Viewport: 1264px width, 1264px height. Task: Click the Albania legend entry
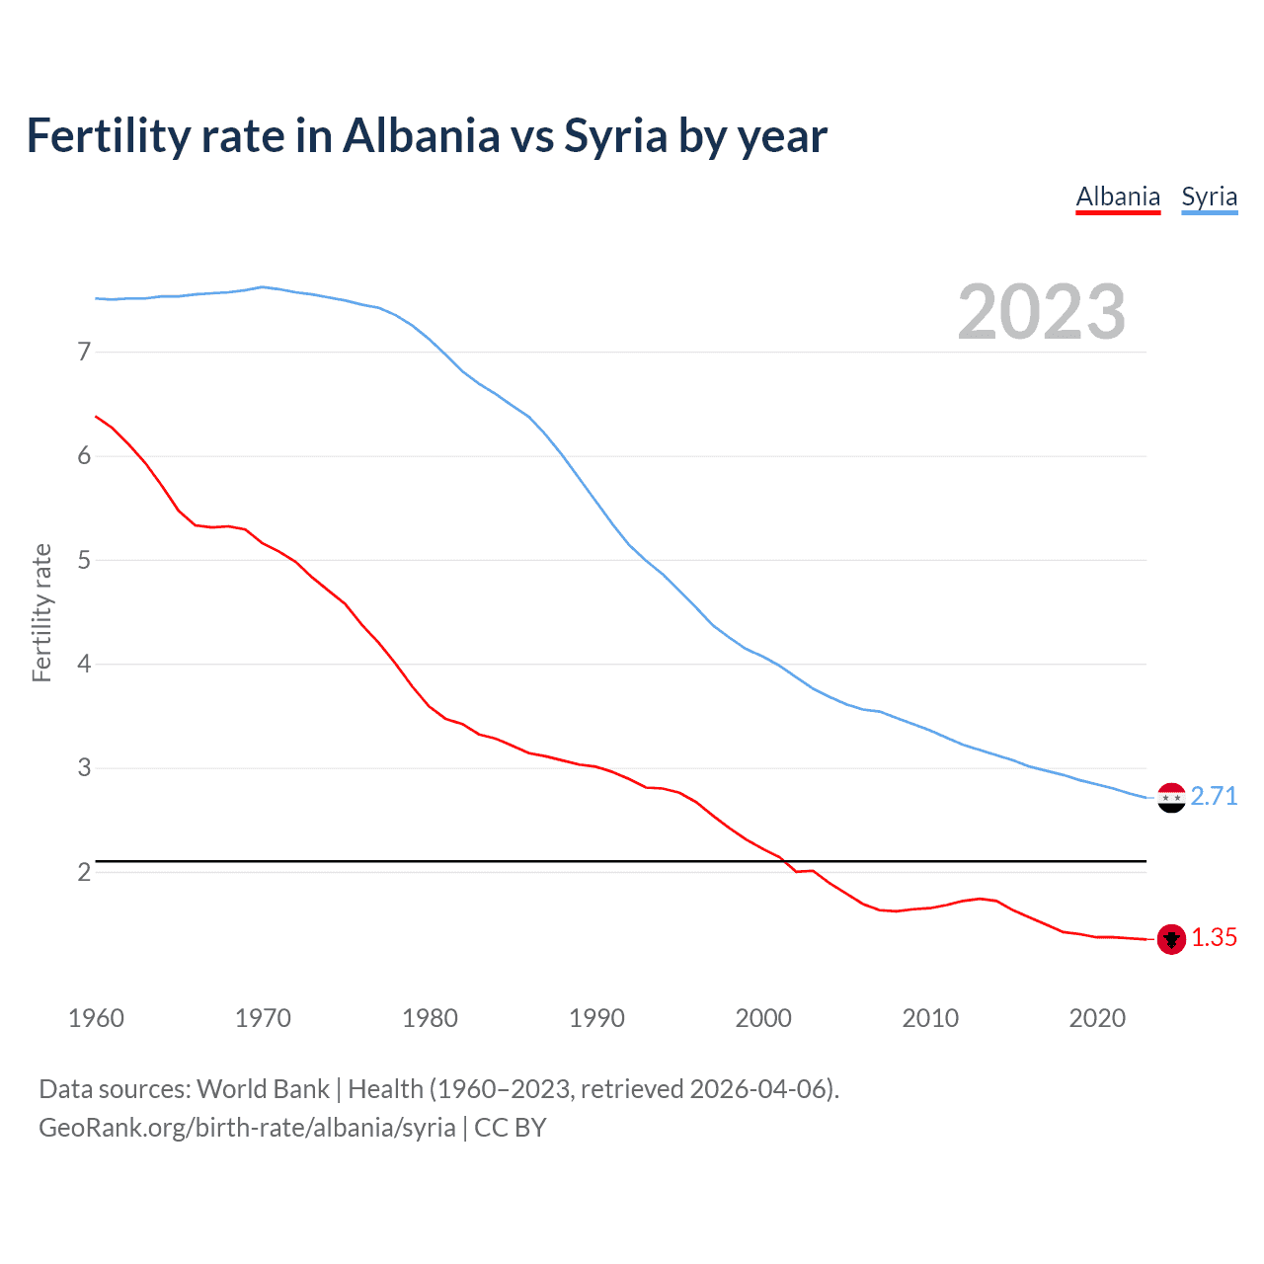[x=1118, y=197]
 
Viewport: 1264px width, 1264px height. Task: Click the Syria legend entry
[x=1209, y=197]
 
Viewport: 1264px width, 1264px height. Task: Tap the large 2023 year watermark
[x=1041, y=313]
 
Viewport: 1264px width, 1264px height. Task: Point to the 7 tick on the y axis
[x=84, y=352]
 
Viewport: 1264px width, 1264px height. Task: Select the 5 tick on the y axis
[x=84, y=560]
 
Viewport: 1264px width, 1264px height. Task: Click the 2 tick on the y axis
[x=84, y=872]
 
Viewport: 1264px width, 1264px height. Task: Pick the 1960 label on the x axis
[x=96, y=1018]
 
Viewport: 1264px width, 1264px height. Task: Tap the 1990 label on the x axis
[x=596, y=1018]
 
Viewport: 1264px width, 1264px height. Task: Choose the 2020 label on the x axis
[x=1097, y=1018]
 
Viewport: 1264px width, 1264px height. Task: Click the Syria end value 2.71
[x=1214, y=796]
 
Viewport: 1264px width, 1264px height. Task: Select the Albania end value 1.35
[x=1214, y=938]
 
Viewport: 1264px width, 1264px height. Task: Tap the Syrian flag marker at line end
[x=1171, y=797]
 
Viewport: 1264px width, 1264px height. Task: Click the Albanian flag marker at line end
[x=1171, y=939]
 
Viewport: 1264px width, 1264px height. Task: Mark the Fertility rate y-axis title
[x=41, y=612]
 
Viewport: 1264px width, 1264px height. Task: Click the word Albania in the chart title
[x=422, y=135]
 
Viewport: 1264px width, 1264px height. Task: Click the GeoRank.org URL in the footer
[x=247, y=1128]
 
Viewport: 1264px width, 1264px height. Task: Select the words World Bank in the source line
[x=263, y=1089]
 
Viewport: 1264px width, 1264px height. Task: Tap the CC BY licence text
[x=511, y=1128]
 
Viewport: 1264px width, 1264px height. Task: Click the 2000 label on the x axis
[x=763, y=1018]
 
